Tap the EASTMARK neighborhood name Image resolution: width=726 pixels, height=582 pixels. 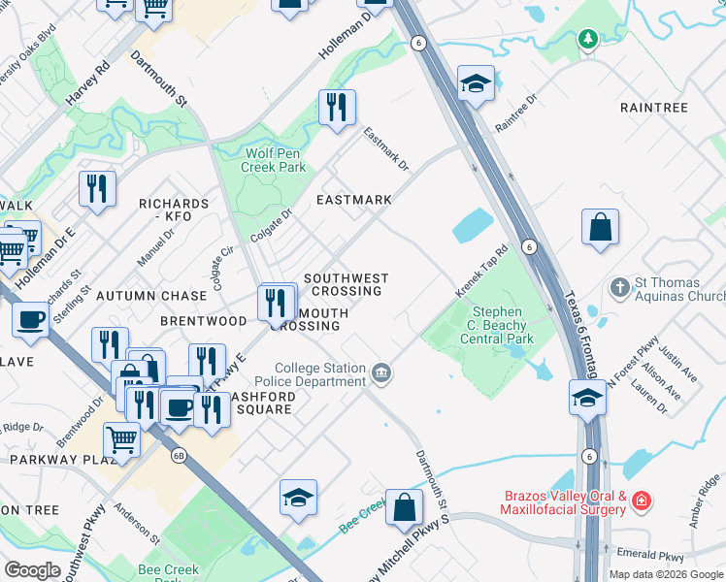pyautogui.click(x=354, y=200)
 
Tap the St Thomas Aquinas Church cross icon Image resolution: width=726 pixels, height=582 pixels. pyautogui.click(x=619, y=288)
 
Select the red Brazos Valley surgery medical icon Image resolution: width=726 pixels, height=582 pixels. pyautogui.click(x=641, y=501)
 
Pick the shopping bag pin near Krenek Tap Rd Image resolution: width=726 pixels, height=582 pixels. pyautogui.click(x=601, y=227)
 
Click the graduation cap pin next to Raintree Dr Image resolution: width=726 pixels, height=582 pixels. pyautogui.click(x=476, y=84)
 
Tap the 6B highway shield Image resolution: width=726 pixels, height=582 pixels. pyautogui.click(x=178, y=454)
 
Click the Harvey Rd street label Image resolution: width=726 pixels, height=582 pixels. pyautogui.click(x=88, y=87)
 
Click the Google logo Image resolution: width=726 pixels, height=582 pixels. pyautogui.click(x=32, y=570)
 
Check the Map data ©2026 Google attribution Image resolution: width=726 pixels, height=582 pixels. pyautogui.click(x=665, y=574)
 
